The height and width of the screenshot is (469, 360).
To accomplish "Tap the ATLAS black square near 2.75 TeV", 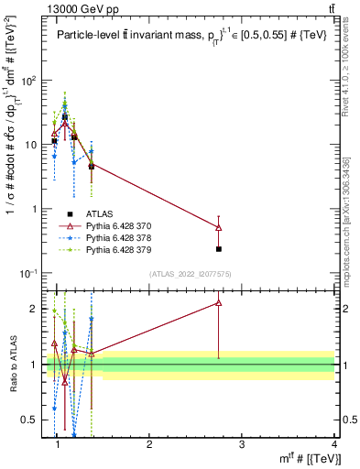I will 218,248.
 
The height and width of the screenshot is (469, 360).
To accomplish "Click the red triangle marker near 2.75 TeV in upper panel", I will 218,227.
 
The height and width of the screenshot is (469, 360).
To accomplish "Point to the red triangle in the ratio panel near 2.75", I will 218,302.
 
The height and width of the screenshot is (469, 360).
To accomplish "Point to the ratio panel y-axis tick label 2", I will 38,309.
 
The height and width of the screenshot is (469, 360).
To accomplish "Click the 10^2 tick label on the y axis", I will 30,81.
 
